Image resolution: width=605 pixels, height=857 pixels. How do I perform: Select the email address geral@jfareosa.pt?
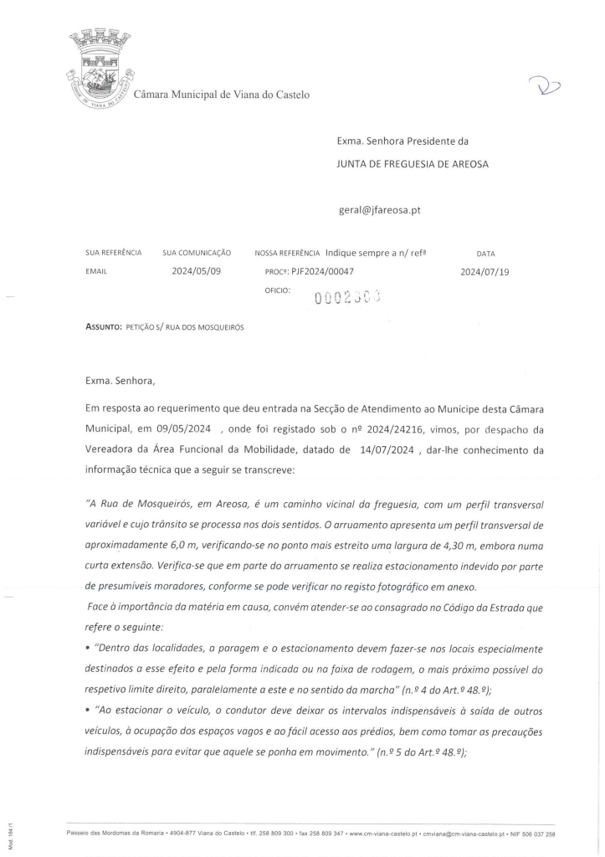click(x=378, y=210)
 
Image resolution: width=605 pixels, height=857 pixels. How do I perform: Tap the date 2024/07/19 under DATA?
click(x=485, y=272)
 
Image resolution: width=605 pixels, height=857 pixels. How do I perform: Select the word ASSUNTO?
click(x=104, y=326)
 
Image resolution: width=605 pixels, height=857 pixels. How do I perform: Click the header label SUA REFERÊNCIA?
click(x=113, y=252)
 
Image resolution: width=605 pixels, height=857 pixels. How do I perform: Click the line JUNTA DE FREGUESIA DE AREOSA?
click(x=413, y=164)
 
